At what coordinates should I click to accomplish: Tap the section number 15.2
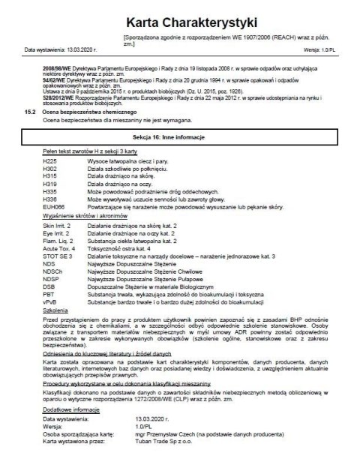pyautogui.click(x=31, y=110)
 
